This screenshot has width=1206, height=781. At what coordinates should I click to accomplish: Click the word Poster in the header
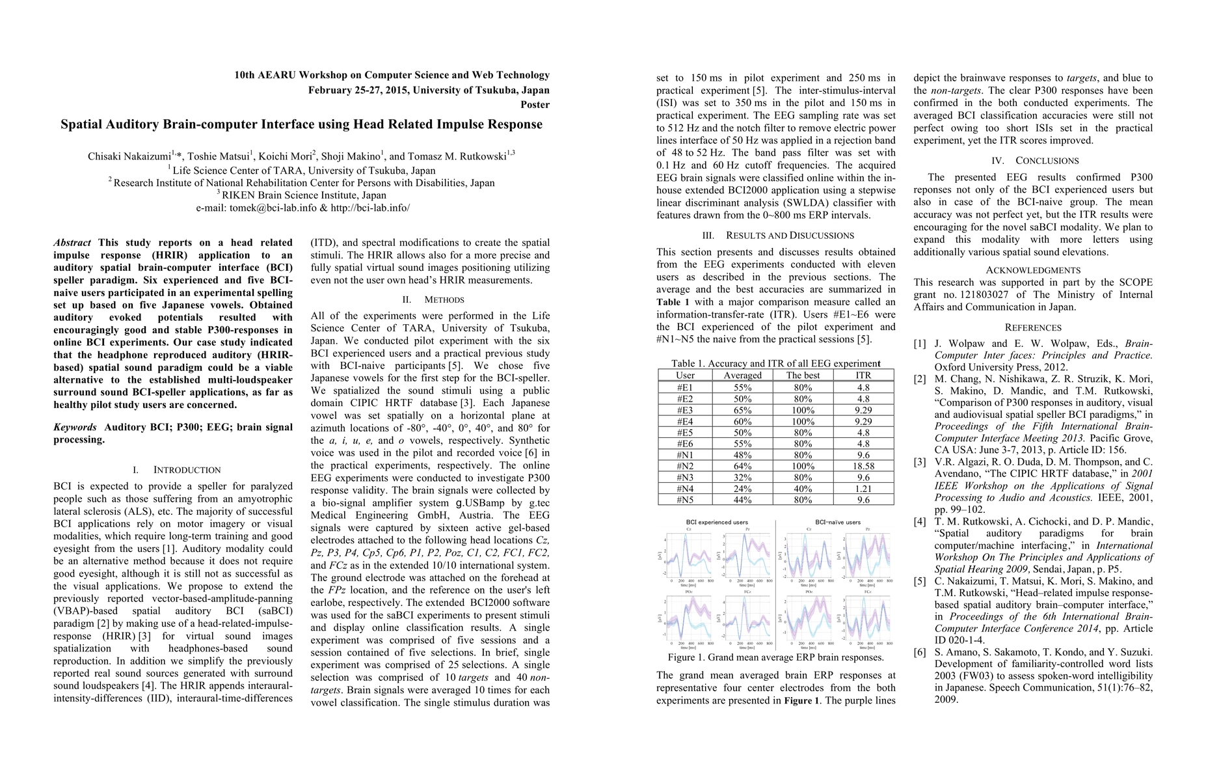[535, 105]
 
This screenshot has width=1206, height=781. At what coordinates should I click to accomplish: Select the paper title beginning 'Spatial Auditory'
[301, 124]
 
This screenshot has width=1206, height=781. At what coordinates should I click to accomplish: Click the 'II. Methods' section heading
[430, 300]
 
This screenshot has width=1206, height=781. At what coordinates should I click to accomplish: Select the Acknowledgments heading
[1033, 270]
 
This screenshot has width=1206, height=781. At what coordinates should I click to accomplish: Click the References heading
[1033, 327]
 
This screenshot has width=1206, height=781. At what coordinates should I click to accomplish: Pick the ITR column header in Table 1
[863, 376]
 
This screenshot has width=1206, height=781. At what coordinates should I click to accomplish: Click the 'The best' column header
[803, 376]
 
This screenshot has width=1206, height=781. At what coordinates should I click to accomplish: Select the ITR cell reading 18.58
[863, 466]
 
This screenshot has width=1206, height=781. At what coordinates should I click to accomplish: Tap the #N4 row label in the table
[685, 489]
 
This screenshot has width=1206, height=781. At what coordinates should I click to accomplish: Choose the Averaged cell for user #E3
[742, 410]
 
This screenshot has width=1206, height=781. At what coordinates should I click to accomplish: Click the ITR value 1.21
[863, 489]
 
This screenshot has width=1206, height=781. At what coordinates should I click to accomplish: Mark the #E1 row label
[685, 387]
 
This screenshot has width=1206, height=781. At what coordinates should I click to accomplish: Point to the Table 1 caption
[775, 364]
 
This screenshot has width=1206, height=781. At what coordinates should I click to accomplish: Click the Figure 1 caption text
[775, 657]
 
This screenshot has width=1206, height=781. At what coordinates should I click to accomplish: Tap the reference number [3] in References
[920, 462]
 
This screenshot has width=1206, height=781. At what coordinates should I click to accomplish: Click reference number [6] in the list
[920, 652]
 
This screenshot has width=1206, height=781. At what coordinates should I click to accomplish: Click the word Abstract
[72, 243]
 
